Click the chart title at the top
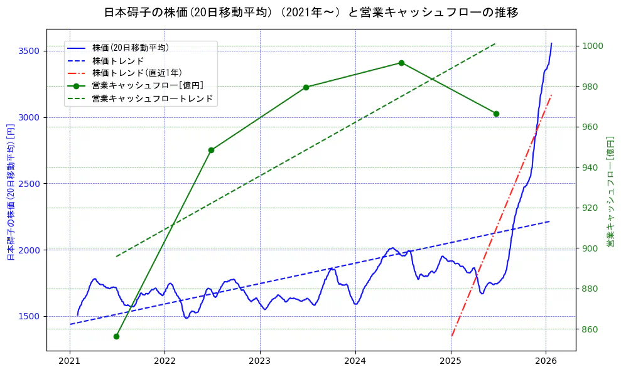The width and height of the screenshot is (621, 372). (311, 13)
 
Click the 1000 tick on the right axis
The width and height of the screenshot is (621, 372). (593, 46)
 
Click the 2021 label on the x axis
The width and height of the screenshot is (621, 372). (70, 361)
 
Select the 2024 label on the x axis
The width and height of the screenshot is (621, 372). (355, 361)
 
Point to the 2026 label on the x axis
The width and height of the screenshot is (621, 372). (546, 361)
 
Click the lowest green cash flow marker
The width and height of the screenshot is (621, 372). (116, 336)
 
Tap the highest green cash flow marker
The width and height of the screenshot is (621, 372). (401, 63)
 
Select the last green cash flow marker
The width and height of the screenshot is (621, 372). (496, 114)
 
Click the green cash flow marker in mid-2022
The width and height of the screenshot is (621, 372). (211, 150)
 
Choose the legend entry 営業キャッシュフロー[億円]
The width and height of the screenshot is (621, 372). (147, 85)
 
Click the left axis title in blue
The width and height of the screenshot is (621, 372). (11, 192)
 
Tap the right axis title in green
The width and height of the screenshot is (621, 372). (610, 192)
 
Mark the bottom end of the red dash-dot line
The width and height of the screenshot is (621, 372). (451, 336)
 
